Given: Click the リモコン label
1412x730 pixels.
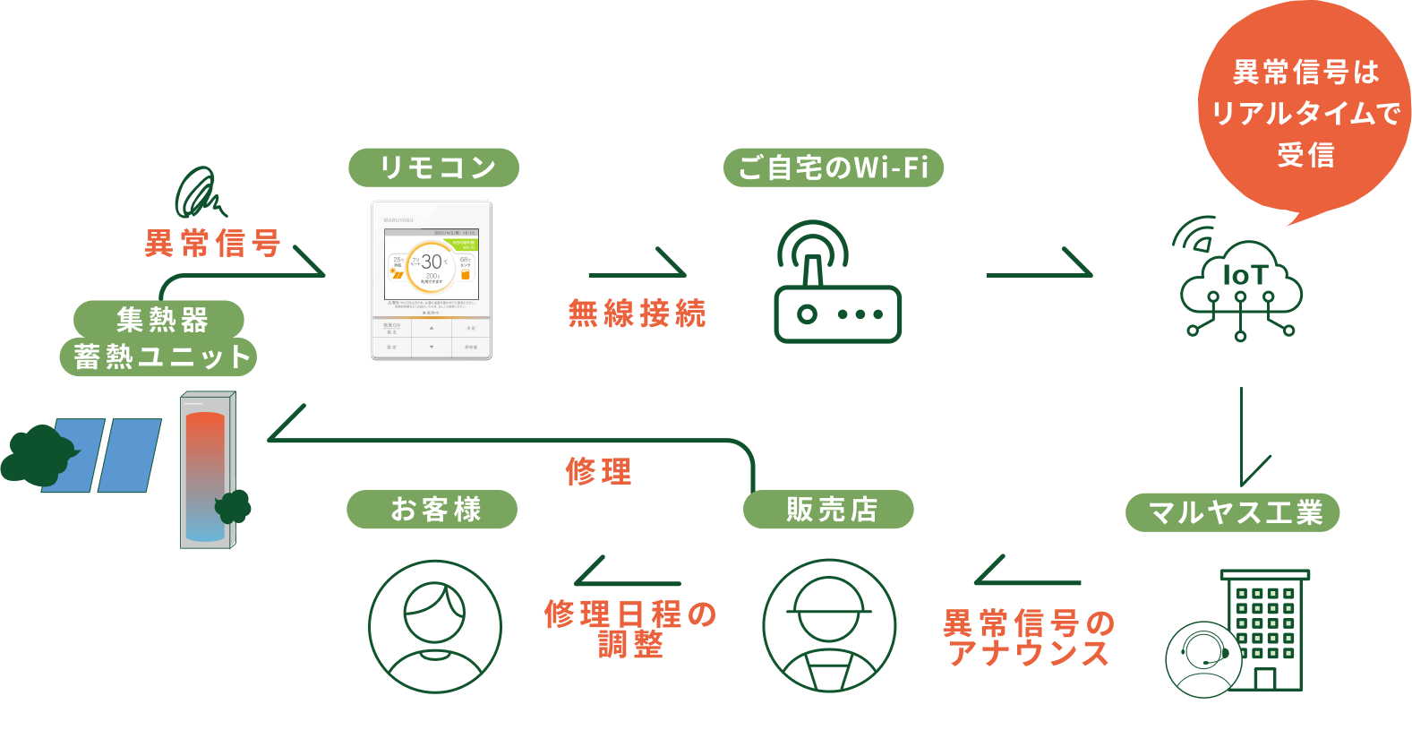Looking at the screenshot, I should coord(433,167).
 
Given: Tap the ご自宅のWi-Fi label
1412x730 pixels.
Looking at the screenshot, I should coord(833,167).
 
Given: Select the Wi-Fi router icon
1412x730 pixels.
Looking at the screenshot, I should coord(836,285).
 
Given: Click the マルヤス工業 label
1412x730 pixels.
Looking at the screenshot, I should coord(1235,512).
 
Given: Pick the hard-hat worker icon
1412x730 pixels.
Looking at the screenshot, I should coord(828,626).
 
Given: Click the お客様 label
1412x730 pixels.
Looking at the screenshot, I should coord(434,510).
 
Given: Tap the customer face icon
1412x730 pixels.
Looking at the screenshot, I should coord(434,626).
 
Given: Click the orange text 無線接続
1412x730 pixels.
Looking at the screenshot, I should coord(637,313).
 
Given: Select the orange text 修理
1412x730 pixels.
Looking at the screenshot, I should coord(598,471).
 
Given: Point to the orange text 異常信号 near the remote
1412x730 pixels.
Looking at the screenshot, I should coord(212,243).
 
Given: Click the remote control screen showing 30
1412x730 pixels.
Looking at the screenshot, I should coord(432,264).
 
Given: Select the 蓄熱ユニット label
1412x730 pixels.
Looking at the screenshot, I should coord(160,357).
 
